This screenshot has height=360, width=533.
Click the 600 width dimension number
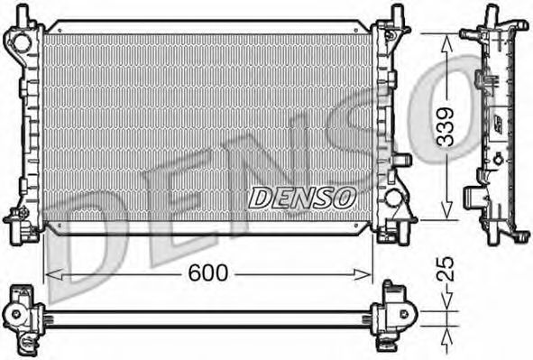coord(208,272)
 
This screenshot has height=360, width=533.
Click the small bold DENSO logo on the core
coord(303,197)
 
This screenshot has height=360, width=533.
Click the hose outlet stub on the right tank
coord(402,162)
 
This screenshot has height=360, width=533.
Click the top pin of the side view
coord(492,15)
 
